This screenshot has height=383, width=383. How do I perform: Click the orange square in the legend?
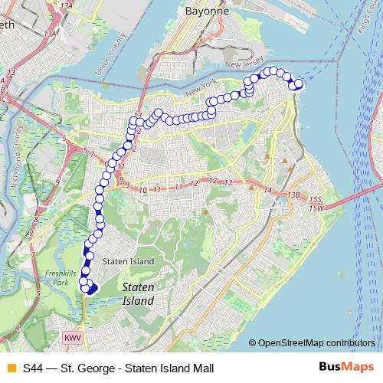[x=11, y=367]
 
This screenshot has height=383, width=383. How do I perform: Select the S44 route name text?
[x=33, y=367]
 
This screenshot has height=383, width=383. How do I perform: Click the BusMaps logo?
[x=345, y=366]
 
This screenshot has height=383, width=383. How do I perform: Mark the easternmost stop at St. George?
[x=300, y=83]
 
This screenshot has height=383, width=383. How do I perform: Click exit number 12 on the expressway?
[x=194, y=182]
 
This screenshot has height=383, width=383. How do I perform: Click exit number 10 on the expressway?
[x=143, y=188]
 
